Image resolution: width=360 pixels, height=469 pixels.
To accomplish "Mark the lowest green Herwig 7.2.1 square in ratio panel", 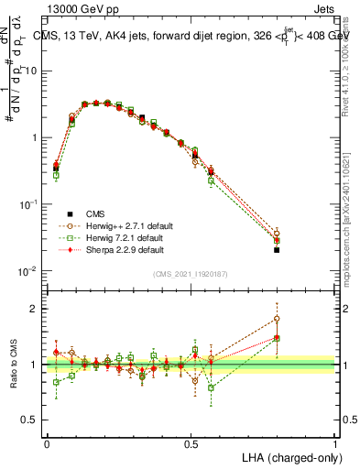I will click(x=212, y=387).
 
